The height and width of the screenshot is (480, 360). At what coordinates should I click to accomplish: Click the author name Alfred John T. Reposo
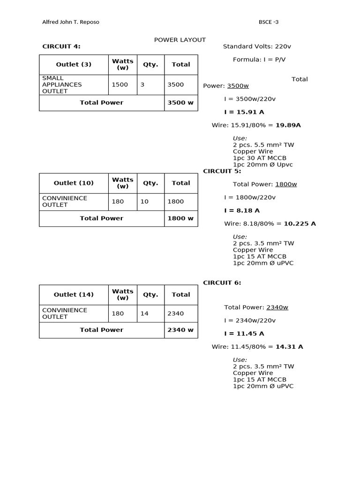(x=71, y=22)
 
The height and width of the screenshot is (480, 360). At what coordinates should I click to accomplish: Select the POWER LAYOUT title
(x=180, y=40)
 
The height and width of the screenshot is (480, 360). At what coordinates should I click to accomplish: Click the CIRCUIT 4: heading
(x=61, y=46)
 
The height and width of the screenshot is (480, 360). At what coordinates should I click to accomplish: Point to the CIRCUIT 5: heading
(x=222, y=171)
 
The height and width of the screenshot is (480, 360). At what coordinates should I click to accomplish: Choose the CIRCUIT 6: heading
(x=222, y=283)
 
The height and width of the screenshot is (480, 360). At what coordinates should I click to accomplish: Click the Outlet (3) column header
(x=74, y=65)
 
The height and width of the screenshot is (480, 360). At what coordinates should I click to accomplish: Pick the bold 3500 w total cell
(x=181, y=103)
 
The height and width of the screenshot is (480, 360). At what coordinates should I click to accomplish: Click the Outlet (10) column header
(x=74, y=183)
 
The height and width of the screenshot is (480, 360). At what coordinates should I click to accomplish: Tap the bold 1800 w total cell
(x=181, y=218)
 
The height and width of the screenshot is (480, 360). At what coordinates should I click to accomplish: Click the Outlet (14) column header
(x=74, y=295)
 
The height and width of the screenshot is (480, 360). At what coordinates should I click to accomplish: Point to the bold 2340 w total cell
(x=181, y=330)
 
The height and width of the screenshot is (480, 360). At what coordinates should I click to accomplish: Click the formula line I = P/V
(x=253, y=60)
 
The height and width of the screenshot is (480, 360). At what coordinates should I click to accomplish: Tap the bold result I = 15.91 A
(x=244, y=112)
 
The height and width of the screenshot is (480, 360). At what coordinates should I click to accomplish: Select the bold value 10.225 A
(x=300, y=224)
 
